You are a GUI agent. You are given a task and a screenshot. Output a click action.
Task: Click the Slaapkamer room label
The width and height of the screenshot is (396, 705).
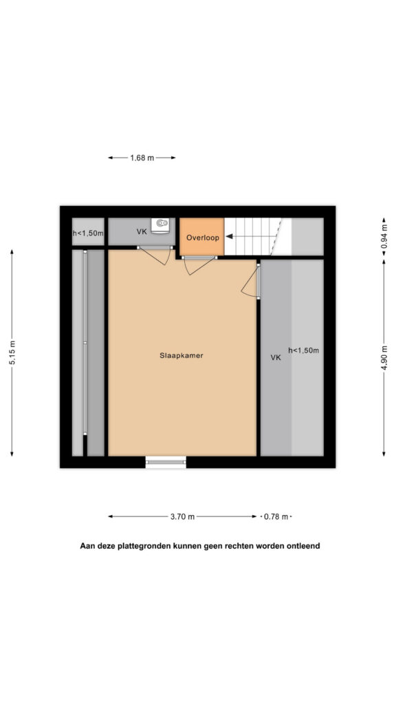(181, 355)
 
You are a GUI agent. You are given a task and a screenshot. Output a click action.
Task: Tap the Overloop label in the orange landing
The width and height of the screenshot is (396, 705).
(203, 238)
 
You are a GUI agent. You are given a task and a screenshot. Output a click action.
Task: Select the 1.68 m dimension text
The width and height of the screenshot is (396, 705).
(142, 158)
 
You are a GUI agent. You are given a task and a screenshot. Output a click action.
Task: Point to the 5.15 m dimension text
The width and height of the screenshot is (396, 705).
(12, 353)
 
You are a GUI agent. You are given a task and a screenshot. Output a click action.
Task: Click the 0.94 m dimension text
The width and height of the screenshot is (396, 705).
(384, 238)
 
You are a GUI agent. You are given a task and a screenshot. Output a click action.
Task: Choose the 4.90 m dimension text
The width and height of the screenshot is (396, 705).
(384, 357)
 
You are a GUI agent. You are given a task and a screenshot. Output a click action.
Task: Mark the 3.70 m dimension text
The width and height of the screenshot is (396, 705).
(182, 516)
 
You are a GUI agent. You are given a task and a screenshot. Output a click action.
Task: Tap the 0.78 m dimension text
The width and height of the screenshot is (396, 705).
(276, 516)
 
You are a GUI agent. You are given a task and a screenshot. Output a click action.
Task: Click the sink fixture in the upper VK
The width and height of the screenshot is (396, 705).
(160, 225)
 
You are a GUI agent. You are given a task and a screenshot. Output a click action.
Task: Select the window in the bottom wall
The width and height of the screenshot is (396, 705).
(166, 462)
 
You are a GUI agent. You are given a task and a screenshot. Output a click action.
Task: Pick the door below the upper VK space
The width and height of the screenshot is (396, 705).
(155, 255)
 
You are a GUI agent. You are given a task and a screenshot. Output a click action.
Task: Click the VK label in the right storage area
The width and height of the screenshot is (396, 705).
(276, 358)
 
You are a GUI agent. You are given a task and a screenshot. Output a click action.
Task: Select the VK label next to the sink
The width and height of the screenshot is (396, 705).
(142, 231)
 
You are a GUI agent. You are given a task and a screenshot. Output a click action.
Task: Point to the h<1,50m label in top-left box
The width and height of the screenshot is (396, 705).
(89, 233)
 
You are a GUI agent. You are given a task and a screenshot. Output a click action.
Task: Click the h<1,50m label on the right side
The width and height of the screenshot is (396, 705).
(303, 350)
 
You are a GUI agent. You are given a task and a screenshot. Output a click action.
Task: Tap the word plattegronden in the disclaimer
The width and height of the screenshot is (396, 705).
(142, 546)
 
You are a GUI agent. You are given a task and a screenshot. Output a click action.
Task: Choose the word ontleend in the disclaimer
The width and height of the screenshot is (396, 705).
(305, 546)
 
